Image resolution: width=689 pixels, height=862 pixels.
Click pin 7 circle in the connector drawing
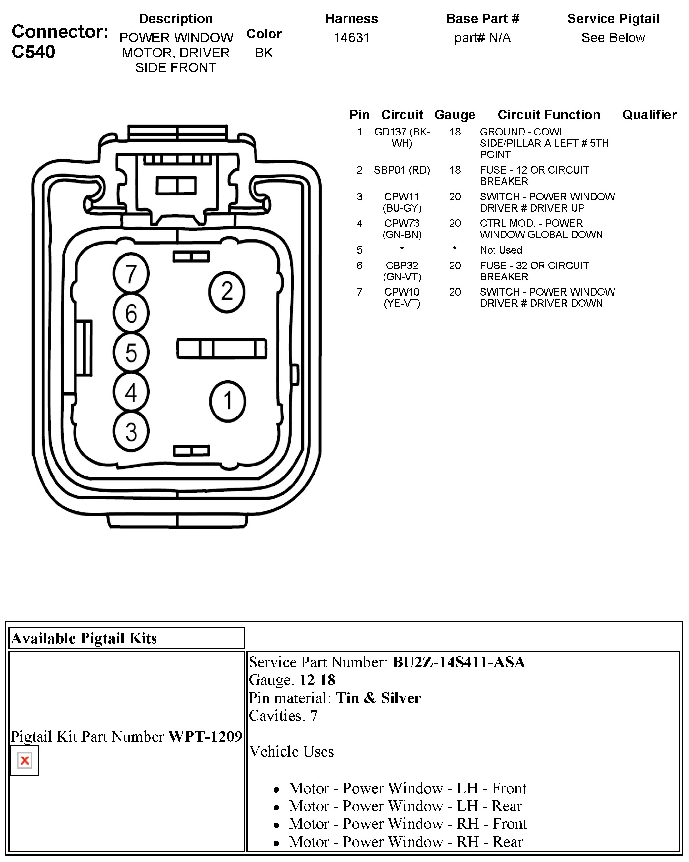click(x=131, y=274)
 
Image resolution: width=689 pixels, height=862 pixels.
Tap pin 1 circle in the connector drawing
click(x=227, y=401)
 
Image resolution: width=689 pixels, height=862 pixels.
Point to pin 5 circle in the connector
click(x=131, y=353)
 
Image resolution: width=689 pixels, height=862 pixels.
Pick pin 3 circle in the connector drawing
click(x=131, y=432)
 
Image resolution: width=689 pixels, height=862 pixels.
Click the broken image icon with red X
click(x=25, y=760)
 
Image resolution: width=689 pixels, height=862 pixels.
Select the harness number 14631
click(x=351, y=38)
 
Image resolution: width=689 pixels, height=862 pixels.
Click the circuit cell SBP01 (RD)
click(x=402, y=170)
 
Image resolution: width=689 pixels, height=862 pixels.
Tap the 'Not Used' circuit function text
click(x=501, y=250)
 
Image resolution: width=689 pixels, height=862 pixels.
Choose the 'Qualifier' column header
click(x=649, y=115)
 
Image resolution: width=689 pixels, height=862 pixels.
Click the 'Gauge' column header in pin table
click(x=455, y=115)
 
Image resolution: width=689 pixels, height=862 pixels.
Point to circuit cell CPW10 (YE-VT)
click(x=402, y=297)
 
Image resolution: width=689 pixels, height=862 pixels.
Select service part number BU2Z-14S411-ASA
click(x=458, y=662)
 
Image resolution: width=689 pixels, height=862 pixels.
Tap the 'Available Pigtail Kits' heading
click(x=84, y=638)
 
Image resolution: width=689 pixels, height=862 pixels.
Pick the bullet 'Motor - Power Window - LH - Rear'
click(x=405, y=806)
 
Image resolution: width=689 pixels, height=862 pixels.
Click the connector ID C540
click(x=33, y=52)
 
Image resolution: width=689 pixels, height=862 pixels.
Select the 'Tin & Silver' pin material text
click(x=378, y=698)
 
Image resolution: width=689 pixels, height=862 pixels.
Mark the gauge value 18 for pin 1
click(x=455, y=132)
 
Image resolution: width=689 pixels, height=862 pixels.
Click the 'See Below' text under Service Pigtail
click(x=613, y=38)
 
